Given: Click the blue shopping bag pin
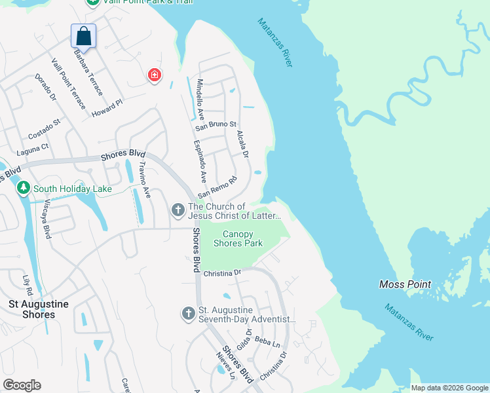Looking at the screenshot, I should click(x=83, y=35).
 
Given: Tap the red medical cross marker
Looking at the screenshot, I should click(x=155, y=75).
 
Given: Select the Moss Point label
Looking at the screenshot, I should click(x=405, y=284).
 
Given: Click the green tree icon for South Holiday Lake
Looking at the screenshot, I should click(x=24, y=189).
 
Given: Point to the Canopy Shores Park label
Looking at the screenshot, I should click(x=242, y=238).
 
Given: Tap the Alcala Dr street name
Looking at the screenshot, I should click(x=242, y=144).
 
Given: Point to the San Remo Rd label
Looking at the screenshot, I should click(x=217, y=187).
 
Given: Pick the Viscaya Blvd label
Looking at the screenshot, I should click(x=47, y=215).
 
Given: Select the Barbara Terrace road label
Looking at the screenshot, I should click(x=88, y=72).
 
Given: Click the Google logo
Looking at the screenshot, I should click(x=22, y=385).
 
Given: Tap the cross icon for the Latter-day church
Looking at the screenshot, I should click(x=178, y=210).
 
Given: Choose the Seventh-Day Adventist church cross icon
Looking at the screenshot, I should click(x=188, y=314).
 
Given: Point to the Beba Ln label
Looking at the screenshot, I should click(x=267, y=342).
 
